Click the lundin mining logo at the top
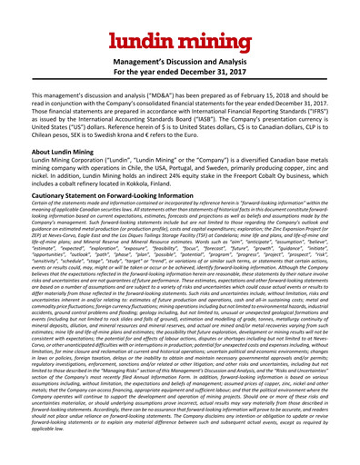point(180,39)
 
